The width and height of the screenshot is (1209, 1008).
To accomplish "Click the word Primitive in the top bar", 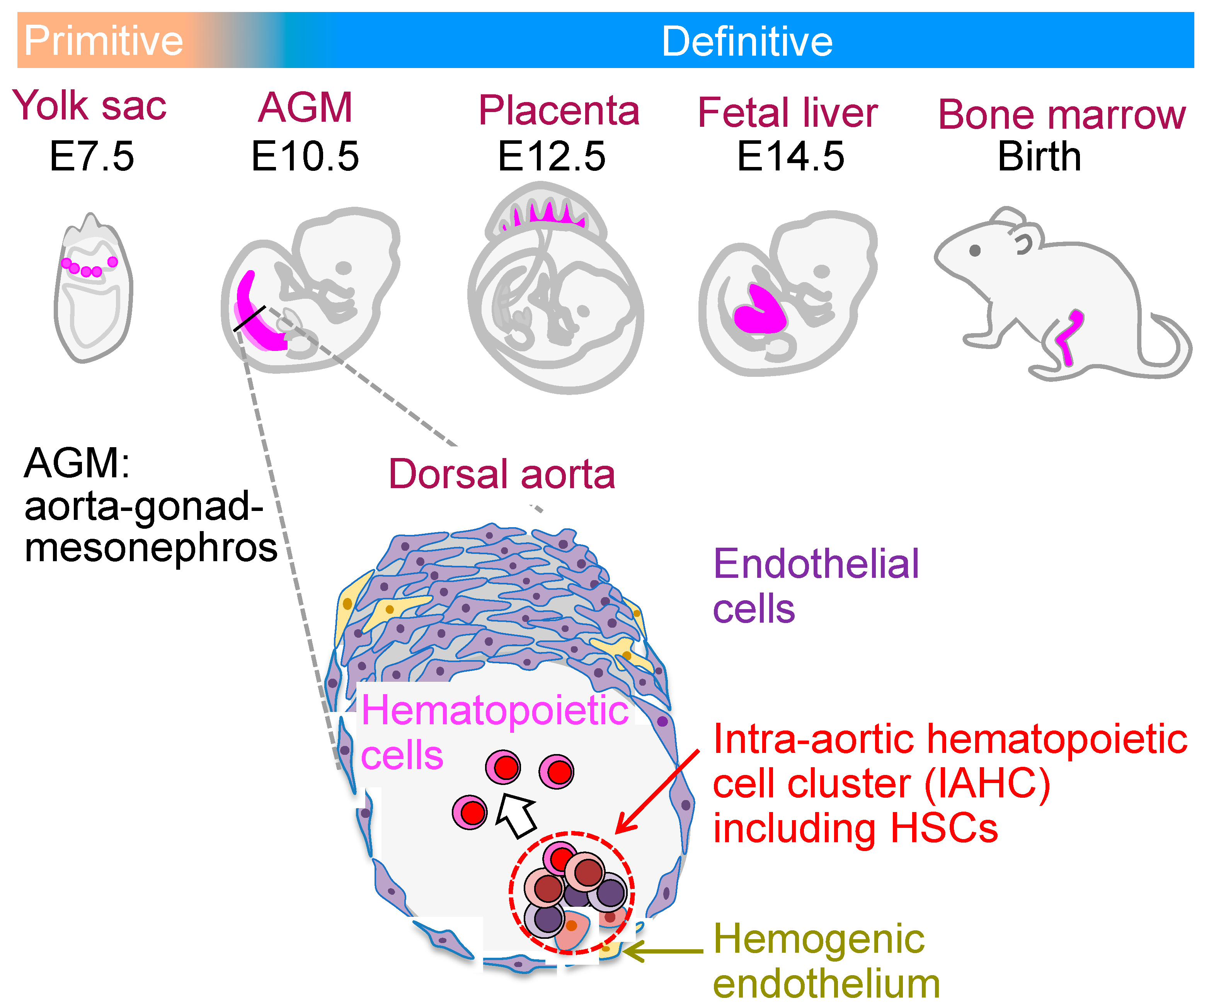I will (x=104, y=41).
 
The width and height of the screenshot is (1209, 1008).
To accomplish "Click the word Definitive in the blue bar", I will (x=747, y=41).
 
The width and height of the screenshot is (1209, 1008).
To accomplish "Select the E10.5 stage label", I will (x=305, y=156).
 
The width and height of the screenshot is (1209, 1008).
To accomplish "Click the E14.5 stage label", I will (x=790, y=156).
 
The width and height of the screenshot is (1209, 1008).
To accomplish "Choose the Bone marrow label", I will (x=1061, y=114).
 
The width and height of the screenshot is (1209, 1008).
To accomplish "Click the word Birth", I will (x=1039, y=156).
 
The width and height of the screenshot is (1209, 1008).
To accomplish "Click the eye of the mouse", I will (x=975, y=250).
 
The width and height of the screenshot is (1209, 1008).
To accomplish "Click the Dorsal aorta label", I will (x=501, y=474).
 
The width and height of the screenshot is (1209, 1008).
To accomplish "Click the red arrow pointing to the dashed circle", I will (x=656, y=792).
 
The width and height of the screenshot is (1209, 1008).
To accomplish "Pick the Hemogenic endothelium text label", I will (x=826, y=961).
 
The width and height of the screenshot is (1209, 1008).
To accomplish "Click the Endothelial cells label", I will (x=815, y=586).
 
